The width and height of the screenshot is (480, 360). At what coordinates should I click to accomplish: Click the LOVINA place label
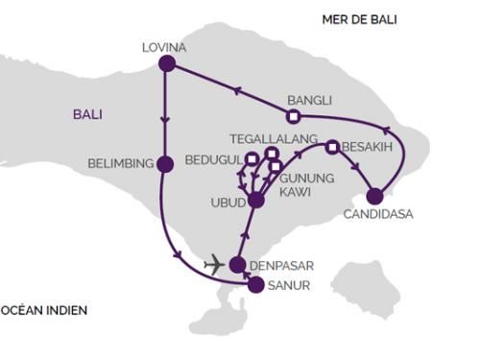tap(163, 45)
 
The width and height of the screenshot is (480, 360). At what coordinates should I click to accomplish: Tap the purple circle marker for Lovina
tap(166, 64)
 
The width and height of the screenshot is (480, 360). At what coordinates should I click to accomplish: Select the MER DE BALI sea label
tap(360, 19)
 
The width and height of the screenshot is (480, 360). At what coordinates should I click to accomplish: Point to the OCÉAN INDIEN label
tap(43, 310)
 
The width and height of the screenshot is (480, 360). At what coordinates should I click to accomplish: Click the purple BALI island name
tap(87, 114)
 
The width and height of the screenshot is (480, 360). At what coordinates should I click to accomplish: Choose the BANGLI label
tap(309, 99)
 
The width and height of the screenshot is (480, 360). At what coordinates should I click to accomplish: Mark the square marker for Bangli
tap(294, 116)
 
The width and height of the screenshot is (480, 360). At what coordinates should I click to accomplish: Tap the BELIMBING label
tap(120, 164)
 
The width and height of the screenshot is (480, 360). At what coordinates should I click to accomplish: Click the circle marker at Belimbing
tap(165, 164)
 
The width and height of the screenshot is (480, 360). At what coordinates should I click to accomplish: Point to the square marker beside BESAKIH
tap(332, 147)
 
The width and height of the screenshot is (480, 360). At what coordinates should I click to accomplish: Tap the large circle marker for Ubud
tap(255, 200)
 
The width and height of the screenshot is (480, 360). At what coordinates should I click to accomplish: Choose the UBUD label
tap(227, 204)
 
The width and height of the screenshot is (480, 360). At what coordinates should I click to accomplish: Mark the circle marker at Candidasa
tap(374, 196)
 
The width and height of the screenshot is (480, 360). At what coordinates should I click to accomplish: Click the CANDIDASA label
tap(378, 214)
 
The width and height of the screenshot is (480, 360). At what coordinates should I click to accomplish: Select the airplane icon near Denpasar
tap(214, 263)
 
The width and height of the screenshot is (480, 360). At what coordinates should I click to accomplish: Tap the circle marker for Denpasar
tap(237, 263)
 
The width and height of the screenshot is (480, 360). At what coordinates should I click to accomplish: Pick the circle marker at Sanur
tap(255, 284)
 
